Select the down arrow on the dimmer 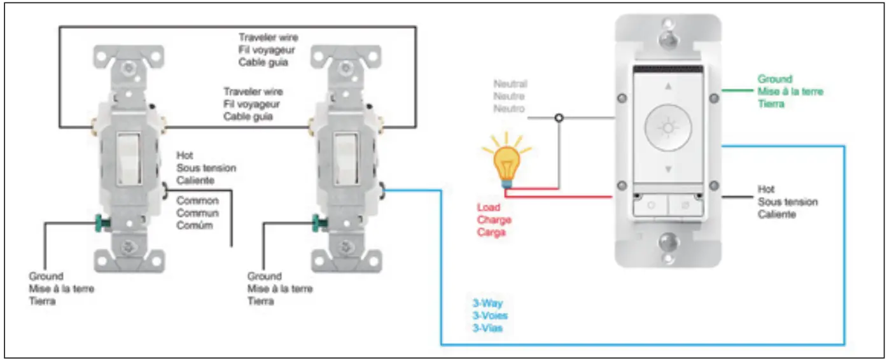[667, 169]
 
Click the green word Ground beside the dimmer [774, 80]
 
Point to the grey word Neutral [510, 84]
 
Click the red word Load [489, 207]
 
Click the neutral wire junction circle [559, 118]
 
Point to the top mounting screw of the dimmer [667, 38]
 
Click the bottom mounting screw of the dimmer [667, 242]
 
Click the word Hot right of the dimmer [766, 190]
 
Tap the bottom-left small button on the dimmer [650, 206]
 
